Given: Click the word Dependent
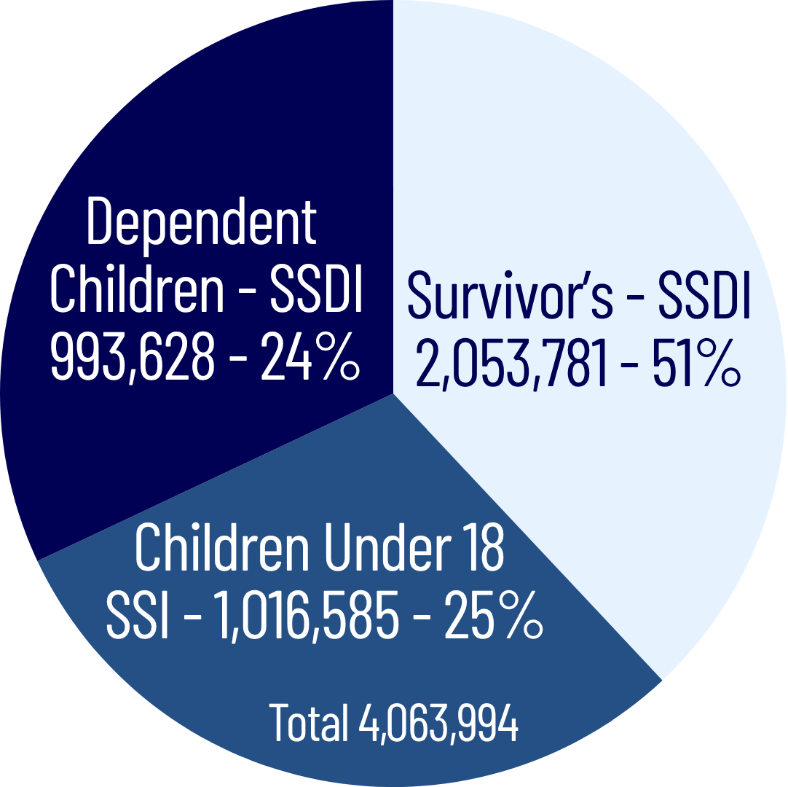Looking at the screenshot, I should coord(202,222).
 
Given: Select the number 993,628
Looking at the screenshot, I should coord(133,358).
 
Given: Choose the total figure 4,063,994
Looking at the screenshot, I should coord(438,721).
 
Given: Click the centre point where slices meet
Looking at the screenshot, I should coord(393,393).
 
